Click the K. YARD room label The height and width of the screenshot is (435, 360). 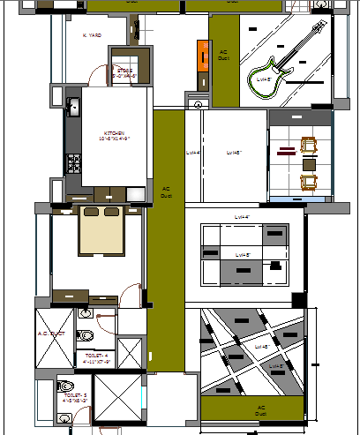click(92, 36)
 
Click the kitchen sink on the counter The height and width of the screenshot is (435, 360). click(74, 108)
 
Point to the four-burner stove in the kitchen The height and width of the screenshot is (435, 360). click(74, 162)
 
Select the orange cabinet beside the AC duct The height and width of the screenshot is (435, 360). click(201, 66)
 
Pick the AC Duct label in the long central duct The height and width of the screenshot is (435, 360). click(166, 191)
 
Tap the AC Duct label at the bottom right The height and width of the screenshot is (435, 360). click(259, 409)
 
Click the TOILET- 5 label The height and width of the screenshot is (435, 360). click(71, 397)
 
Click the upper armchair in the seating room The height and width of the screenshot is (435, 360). click(310, 146)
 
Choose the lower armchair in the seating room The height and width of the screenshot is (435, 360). click(310, 183)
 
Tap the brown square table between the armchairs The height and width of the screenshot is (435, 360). click(310, 164)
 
